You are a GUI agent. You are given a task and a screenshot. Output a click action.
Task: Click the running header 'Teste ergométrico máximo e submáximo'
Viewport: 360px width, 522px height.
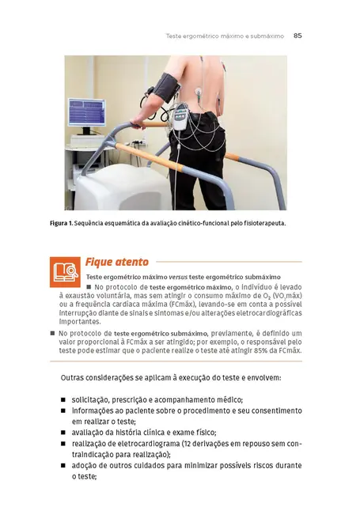[x=225, y=36]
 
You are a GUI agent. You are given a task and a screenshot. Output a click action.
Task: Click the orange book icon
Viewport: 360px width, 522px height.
[x=63, y=271]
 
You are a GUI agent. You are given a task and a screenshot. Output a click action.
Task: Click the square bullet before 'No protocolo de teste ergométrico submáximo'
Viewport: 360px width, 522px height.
[x=52, y=334]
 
